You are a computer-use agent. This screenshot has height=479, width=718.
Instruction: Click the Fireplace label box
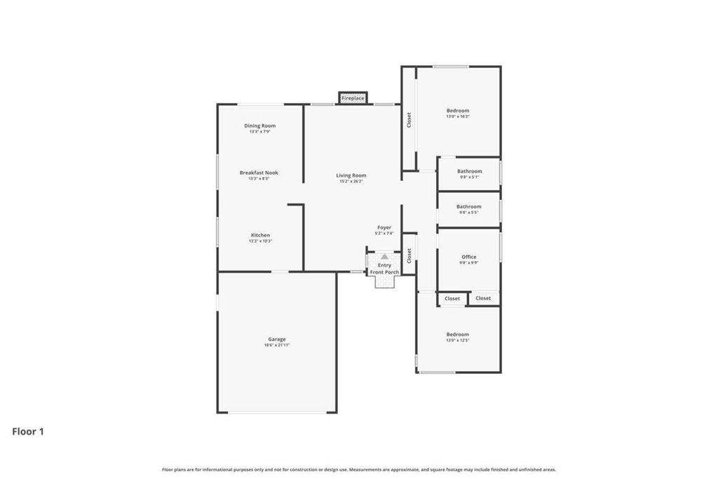[353, 98]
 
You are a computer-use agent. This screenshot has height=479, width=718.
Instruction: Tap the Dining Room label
[259, 126]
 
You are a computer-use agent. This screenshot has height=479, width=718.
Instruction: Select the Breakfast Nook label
[259, 173]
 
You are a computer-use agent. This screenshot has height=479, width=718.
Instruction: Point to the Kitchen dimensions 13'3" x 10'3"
[260, 241]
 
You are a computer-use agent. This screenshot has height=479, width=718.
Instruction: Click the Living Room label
[351, 175]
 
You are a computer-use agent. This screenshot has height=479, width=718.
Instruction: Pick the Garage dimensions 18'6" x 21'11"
[276, 345]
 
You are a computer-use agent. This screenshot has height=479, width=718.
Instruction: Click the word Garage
[276, 339]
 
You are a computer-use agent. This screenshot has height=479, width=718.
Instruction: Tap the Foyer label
[384, 227]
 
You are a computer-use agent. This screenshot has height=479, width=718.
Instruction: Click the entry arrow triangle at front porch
[384, 257]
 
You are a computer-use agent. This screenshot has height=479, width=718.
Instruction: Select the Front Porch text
[384, 271]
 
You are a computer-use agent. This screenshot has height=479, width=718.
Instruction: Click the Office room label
[468, 257]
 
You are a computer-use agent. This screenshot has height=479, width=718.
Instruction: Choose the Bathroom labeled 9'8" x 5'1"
[469, 171]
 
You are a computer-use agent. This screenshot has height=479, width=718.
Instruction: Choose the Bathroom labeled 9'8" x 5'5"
[468, 206]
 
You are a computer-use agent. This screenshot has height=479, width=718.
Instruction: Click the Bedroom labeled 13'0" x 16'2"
[458, 110]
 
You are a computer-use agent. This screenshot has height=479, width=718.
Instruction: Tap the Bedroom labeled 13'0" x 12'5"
[457, 335]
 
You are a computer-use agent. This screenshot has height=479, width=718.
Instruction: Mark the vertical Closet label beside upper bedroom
[409, 120]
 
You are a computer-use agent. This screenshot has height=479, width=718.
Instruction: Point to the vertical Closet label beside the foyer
[409, 255]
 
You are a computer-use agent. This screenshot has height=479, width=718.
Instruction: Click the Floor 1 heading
[28, 432]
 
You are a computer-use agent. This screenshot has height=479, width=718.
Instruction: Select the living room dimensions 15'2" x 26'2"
[351, 182]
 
